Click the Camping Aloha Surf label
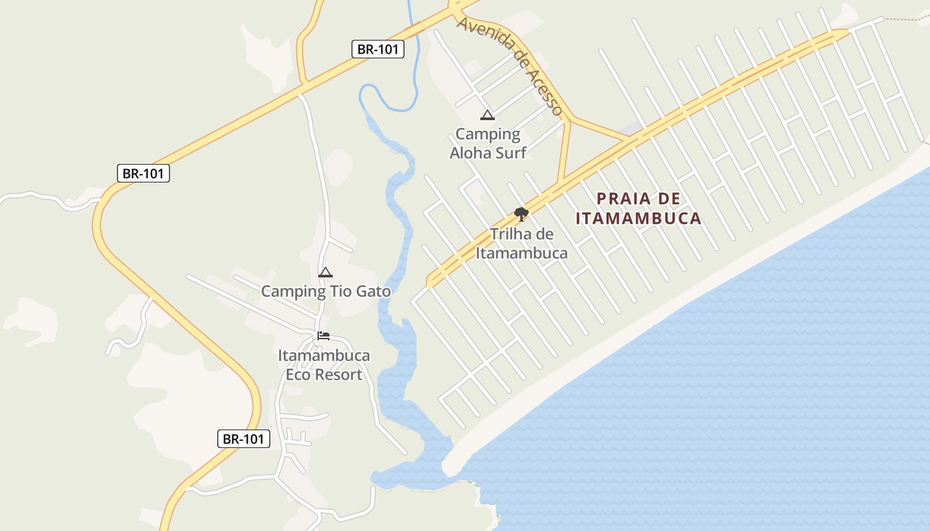(488, 143)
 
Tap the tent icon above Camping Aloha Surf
(488, 115)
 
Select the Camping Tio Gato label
(325, 291)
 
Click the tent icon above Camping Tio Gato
(325, 272)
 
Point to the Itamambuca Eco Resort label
(324, 365)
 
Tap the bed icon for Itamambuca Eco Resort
(324, 336)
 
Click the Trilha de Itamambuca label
(521, 244)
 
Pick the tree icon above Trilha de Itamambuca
(521, 214)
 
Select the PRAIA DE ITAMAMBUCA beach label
(638, 208)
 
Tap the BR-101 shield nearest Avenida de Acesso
(377, 49)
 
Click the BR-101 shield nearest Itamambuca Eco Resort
(244, 439)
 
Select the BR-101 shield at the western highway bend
(143, 174)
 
